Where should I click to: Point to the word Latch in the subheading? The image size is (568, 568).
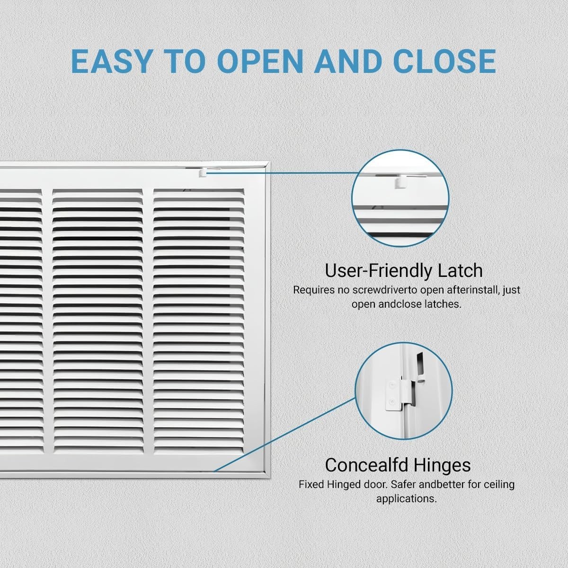(x=460, y=271)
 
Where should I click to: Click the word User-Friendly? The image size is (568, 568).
(x=379, y=271)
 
